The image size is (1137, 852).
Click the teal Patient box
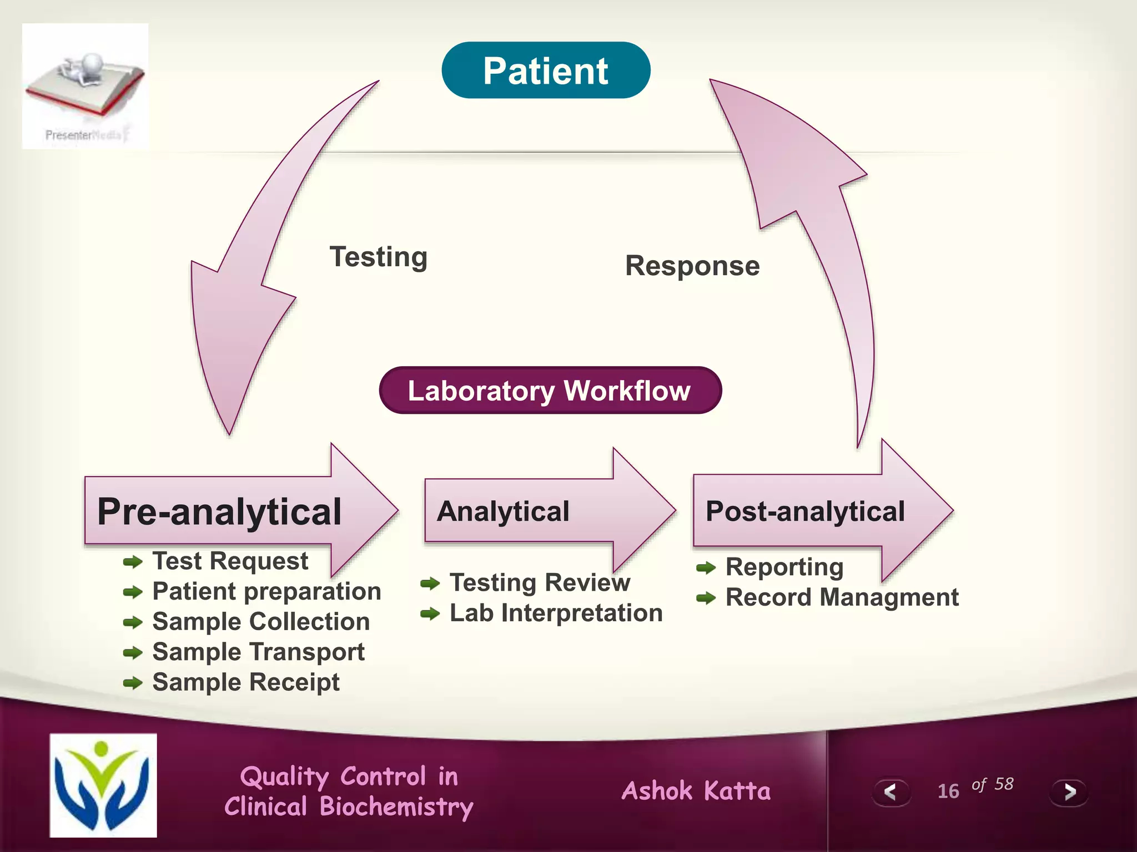coord(546,70)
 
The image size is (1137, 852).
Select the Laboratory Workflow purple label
coord(550,390)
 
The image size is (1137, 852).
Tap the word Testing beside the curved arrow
coord(379,257)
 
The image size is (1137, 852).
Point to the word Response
coord(692,266)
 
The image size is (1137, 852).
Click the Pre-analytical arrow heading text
coord(219,511)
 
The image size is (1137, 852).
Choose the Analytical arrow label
coord(503,511)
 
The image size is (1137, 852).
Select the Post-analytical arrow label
coord(805,511)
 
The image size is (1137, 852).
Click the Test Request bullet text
coord(230,561)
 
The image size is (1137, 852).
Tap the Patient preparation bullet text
coord(266,591)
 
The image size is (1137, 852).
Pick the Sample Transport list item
coord(258,652)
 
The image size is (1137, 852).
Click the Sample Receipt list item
coord(245,682)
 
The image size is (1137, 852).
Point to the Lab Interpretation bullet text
coord(556,613)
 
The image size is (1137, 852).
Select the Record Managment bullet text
coord(842,598)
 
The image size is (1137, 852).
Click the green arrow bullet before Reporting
coord(706,568)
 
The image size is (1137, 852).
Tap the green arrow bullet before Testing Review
coord(430,584)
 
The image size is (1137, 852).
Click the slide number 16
coord(948,791)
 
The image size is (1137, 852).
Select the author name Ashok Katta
coord(696,791)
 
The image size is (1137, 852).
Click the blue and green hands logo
coord(103,785)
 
